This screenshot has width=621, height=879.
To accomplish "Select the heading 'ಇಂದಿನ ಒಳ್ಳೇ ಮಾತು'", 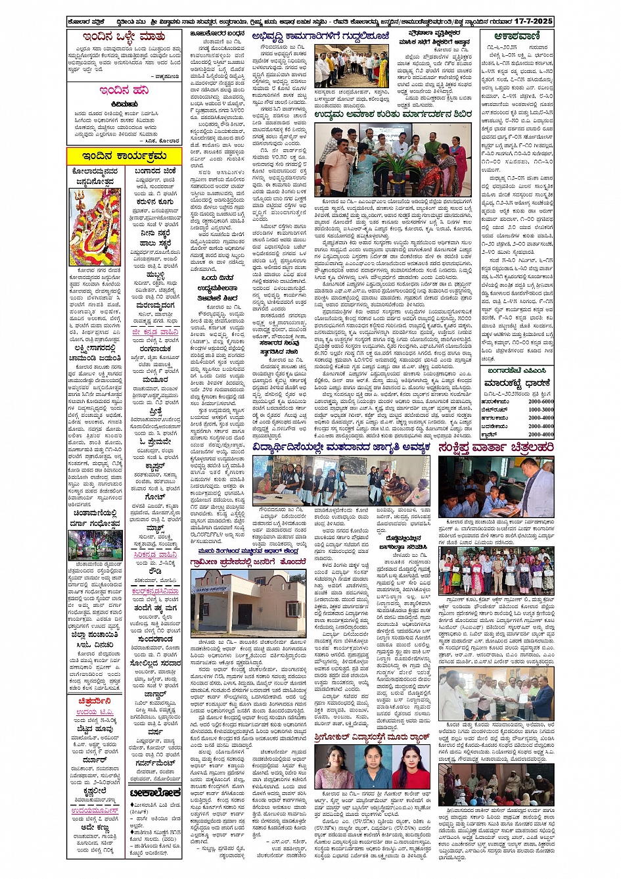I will pos(124,37).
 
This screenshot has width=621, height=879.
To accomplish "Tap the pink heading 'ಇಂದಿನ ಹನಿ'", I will pos(124,90).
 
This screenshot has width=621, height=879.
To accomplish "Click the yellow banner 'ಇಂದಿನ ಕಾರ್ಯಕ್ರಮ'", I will pos(124,156).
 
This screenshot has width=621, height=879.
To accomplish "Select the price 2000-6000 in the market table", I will pos(540,401).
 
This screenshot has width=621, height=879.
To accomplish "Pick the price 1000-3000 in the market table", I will pos(540,410).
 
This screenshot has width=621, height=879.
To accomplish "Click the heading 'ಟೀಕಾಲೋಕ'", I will pos(156,793).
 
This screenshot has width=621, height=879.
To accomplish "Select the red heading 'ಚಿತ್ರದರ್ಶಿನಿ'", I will pos(95,701).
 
